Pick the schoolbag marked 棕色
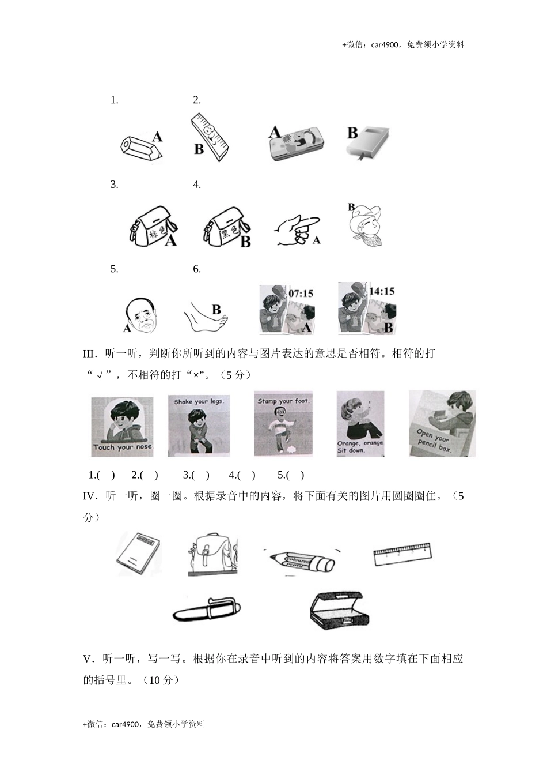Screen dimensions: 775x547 pyautogui.click(x=151, y=227)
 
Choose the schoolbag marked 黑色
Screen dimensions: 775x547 pyautogui.click(x=226, y=227)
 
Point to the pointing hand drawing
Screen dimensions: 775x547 pyautogui.click(x=296, y=230)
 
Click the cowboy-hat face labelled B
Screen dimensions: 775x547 pyautogui.click(x=366, y=225)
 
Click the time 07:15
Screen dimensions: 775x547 pyautogui.click(x=301, y=294)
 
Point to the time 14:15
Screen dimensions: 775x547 pyautogui.click(x=381, y=291)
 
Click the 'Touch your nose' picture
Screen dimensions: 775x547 pyautogui.click(x=123, y=427)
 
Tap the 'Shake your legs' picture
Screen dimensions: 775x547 pyautogui.click(x=198, y=426)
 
